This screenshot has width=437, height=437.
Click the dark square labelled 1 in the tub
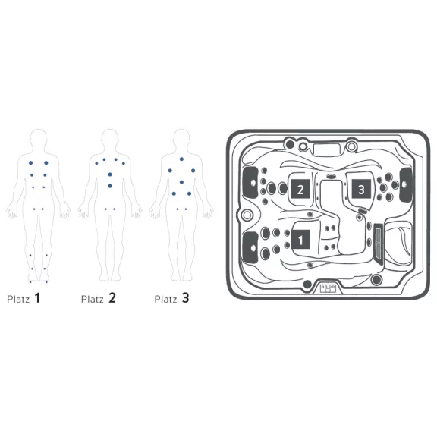(300, 240)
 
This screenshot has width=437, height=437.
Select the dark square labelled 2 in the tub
(300, 189)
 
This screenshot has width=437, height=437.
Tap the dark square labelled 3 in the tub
(361, 189)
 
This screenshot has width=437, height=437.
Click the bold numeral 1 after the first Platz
(37, 298)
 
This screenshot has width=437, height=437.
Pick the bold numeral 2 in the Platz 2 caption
(112, 298)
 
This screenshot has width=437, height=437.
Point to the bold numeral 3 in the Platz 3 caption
(185, 298)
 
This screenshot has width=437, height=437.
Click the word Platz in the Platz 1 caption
(18, 300)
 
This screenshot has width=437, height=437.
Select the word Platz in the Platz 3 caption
(165, 300)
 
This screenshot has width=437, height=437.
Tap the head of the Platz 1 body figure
(39, 137)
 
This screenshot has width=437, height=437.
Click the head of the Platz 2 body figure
(110, 137)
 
